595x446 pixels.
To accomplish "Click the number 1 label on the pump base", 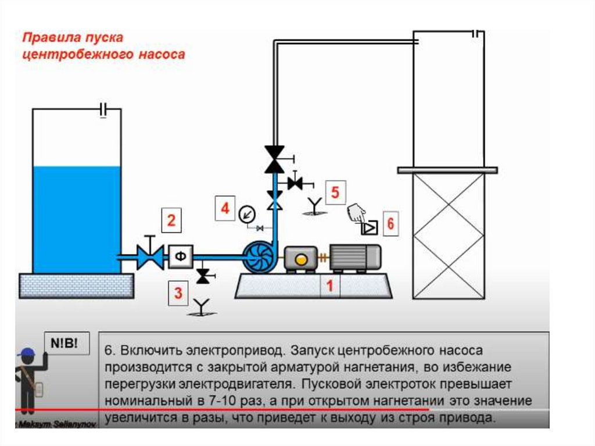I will pyautogui.click(x=329, y=286).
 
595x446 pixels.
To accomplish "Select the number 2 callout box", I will pyautogui.click(x=171, y=221).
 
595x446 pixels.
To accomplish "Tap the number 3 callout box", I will pyautogui.click(x=179, y=293).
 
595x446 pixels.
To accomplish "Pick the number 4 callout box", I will pyautogui.click(x=225, y=208).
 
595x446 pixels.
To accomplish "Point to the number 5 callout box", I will pyautogui.click(x=335, y=192).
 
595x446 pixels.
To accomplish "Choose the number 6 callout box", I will pyautogui.click(x=390, y=224).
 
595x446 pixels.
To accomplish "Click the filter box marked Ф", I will pyautogui.click(x=181, y=256).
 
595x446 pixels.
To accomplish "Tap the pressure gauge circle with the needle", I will pyautogui.click(x=247, y=214).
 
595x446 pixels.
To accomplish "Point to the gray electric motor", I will pyautogui.click(x=355, y=257).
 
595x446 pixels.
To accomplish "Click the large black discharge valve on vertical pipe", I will pyautogui.click(x=274, y=159).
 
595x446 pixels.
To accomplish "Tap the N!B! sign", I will pyautogui.click(x=68, y=343).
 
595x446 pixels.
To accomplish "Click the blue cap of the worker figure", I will pyautogui.click(x=26, y=353).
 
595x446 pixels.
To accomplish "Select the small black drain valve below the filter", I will pyautogui.click(x=203, y=276).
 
